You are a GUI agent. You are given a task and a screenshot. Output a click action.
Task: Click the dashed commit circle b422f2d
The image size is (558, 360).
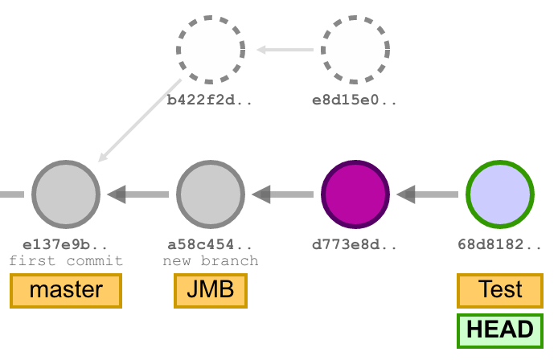click(x=211, y=50)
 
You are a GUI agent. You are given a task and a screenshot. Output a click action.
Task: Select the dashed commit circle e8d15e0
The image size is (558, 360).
click(x=355, y=50)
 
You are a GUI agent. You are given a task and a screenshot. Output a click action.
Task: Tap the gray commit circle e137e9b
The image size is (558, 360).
click(x=66, y=194)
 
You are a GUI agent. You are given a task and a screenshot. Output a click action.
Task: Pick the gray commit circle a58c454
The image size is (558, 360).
click(x=211, y=194)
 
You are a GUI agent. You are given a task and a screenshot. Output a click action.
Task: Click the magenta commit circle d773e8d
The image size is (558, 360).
click(x=355, y=194)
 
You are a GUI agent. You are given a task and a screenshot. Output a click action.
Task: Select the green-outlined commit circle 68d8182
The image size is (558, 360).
click(x=500, y=194)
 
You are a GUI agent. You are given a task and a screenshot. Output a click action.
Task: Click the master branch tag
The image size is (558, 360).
click(x=66, y=291)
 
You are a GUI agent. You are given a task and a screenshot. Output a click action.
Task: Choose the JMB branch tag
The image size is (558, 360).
click(x=211, y=291)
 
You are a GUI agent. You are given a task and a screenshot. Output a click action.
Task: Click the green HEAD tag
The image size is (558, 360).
click(x=500, y=330)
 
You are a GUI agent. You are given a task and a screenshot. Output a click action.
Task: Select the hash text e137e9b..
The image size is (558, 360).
click(x=66, y=244)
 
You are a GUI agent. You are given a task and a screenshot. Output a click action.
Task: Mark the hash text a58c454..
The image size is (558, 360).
click(x=211, y=244)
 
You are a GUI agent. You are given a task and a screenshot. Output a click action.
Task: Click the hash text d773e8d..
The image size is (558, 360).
click(x=355, y=244)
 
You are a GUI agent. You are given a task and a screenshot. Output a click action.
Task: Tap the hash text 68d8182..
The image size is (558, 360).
click(x=500, y=244)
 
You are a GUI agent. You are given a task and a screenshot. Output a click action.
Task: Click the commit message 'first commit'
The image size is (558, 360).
click(x=66, y=260)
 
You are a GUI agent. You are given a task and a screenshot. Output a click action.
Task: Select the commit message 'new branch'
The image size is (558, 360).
click(x=211, y=260)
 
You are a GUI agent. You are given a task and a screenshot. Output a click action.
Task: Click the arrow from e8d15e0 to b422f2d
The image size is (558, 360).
click(x=285, y=51)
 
